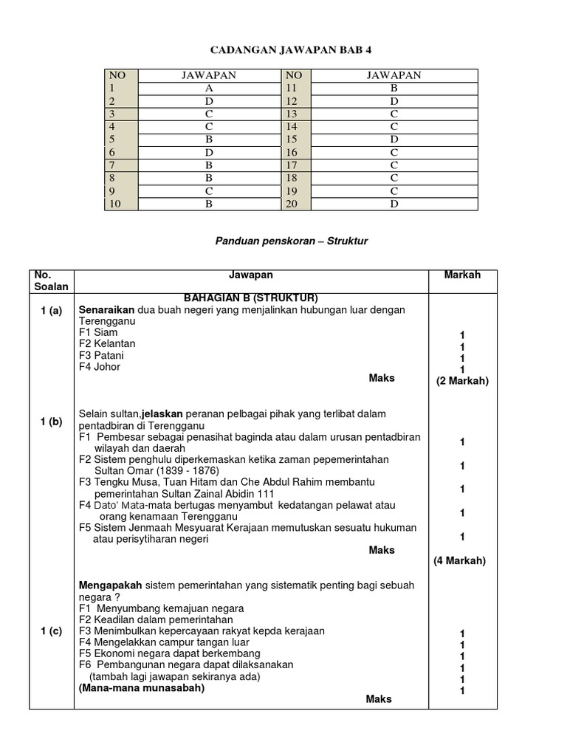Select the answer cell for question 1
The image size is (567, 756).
coord(209,87)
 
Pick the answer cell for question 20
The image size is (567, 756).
coord(394,204)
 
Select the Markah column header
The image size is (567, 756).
coord(462,275)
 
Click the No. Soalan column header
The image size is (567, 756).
coord(52,281)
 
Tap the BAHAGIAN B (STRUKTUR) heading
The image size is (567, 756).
coord(251,298)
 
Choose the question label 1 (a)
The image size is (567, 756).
coord(52,311)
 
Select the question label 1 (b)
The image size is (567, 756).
coord(52,422)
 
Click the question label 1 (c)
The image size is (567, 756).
coord(52,630)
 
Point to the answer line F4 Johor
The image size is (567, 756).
coord(100,367)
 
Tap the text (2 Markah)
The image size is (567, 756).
coord(462,381)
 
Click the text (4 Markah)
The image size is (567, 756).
coord(459,561)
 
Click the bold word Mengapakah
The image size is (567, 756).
coord(111,585)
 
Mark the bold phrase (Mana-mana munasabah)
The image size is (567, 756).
coord(142,688)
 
